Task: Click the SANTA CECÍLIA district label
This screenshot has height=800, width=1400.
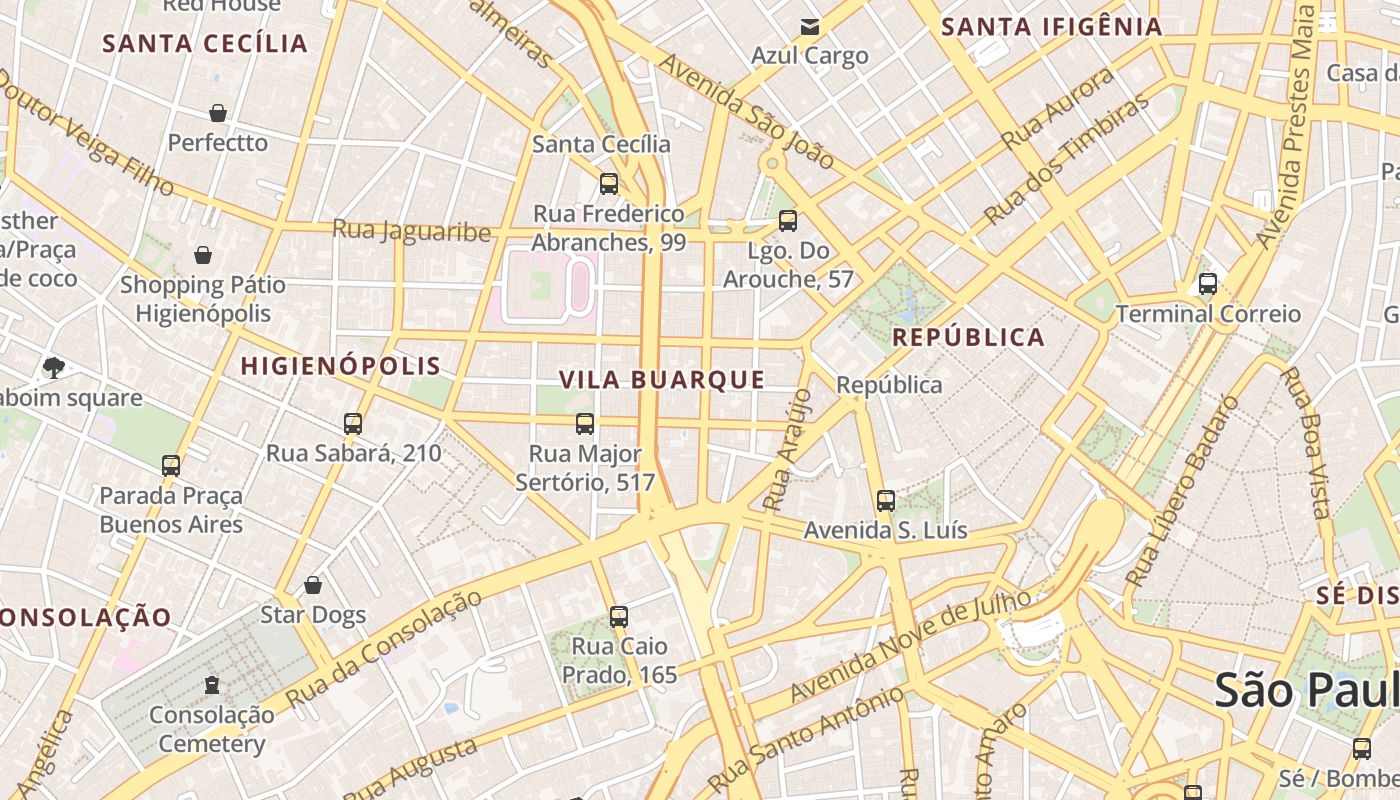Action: click(205, 43)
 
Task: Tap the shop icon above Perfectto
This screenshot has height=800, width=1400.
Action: click(218, 113)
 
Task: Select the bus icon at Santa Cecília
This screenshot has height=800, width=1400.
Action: click(608, 184)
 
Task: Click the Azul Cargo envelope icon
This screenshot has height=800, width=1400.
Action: click(809, 27)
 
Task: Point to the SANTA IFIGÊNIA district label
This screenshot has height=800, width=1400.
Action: click(1052, 27)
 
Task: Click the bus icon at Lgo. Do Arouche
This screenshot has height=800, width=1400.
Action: click(788, 221)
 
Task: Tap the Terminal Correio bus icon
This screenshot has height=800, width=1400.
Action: click(1207, 284)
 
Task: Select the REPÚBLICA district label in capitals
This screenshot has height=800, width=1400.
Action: click(968, 337)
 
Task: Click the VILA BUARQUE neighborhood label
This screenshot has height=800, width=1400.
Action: click(662, 380)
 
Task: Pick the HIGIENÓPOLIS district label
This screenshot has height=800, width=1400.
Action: click(341, 366)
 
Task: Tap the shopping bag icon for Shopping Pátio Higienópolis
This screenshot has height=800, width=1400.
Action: click(203, 256)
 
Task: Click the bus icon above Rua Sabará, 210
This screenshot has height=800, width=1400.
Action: click(352, 424)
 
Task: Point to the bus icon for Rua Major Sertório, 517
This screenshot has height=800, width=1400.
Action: click(585, 424)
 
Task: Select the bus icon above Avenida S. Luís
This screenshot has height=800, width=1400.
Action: click(885, 501)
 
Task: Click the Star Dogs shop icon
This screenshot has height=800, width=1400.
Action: click(313, 585)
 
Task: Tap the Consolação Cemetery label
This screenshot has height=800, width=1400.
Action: click(212, 729)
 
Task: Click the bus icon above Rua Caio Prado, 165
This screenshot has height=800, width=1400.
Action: click(618, 617)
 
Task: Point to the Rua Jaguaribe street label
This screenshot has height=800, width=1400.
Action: click(411, 231)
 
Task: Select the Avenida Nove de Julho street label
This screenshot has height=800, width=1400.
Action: click(910, 645)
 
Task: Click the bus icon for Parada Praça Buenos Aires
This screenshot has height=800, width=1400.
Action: click(171, 466)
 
